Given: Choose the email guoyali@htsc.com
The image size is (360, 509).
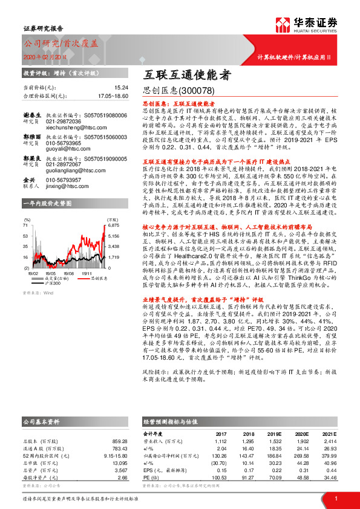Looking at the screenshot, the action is coord(62,148).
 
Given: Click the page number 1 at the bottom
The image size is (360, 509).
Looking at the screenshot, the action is coord(335,498).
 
